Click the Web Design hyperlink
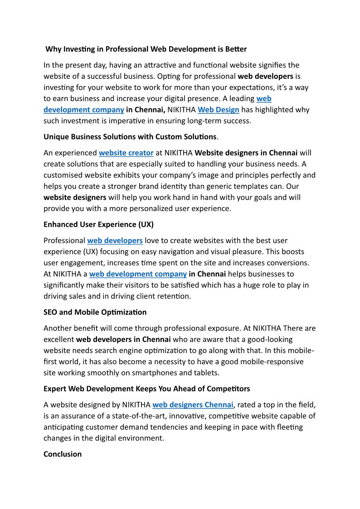(x=218, y=109)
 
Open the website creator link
(x=126, y=153)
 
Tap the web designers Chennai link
(x=193, y=405)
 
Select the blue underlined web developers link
(x=115, y=240)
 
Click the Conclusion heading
(x=63, y=454)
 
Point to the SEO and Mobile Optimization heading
(x=95, y=312)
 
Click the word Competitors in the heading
(x=229, y=388)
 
